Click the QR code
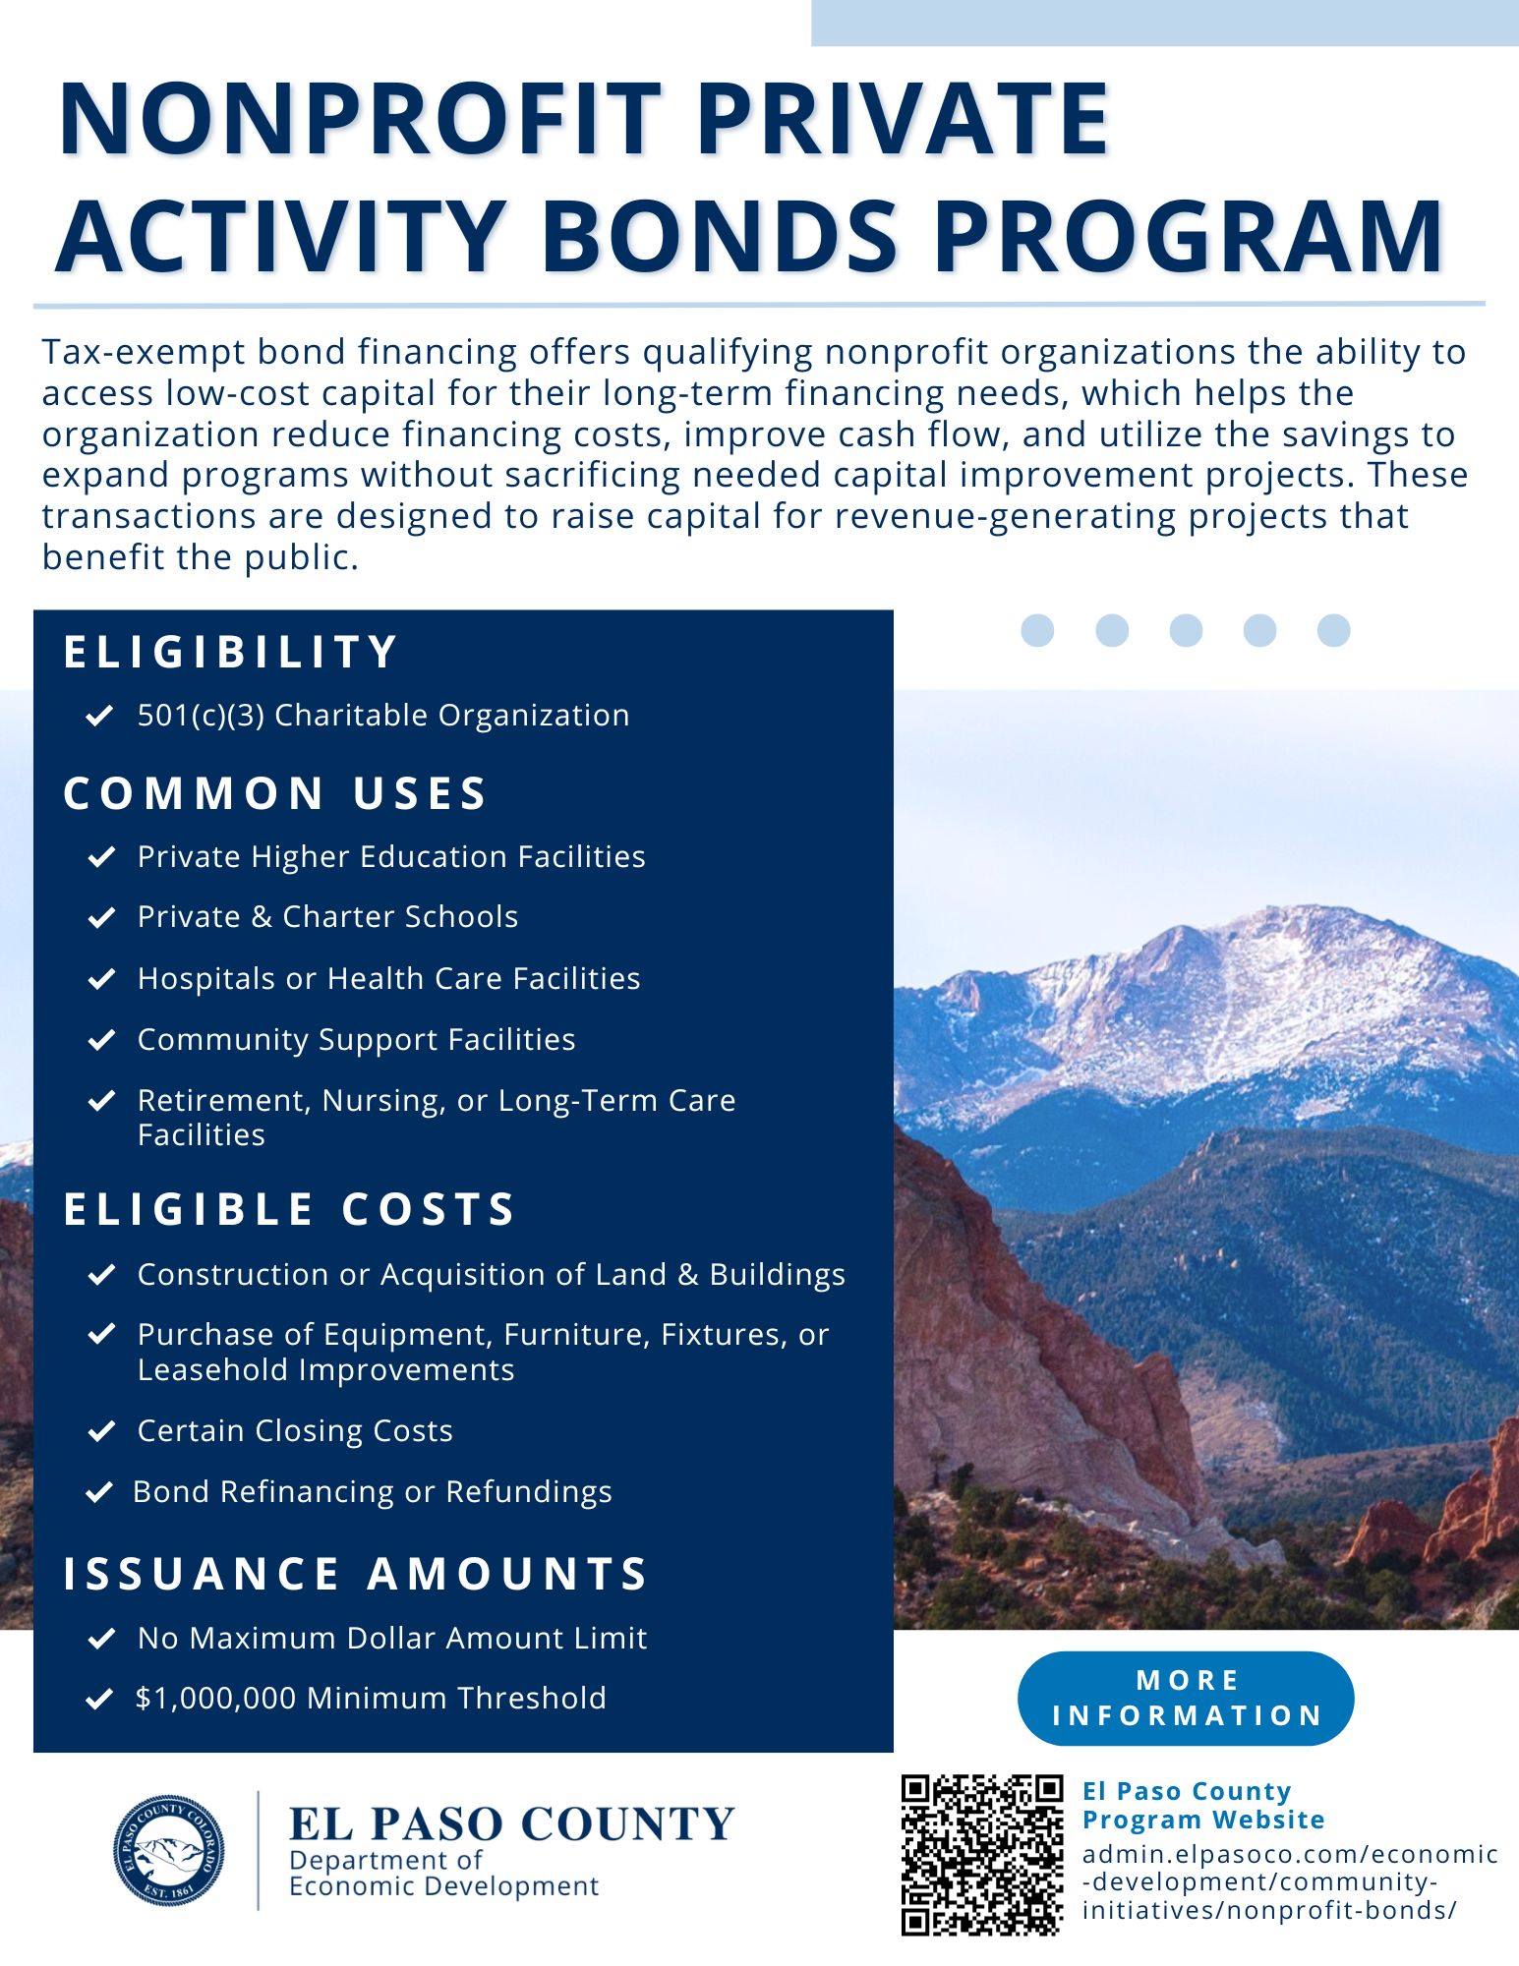[982, 1855]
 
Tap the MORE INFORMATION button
[1186, 1698]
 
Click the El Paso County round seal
[168, 1849]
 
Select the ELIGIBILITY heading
[231, 653]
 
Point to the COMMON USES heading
[275, 793]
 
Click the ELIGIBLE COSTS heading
[289, 1209]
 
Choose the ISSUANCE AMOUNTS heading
[356, 1573]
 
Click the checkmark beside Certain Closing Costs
[101, 1430]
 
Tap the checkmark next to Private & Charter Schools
[101, 917]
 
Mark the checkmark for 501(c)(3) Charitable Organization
[99, 716]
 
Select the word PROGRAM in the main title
[1188, 237]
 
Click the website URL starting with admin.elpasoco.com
[1288, 1882]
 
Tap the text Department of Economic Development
[442, 1873]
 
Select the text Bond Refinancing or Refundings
[373, 1492]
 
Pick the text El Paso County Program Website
[1203, 1805]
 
